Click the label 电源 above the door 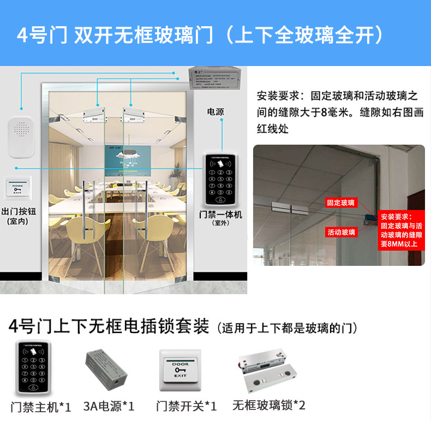[215, 111]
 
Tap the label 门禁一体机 [220, 215]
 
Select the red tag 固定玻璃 [341, 203]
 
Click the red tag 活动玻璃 [341, 232]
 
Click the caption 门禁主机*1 [41, 407]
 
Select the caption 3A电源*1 [109, 407]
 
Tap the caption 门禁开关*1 [186, 407]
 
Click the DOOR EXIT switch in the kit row [180, 370]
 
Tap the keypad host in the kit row [34, 368]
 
